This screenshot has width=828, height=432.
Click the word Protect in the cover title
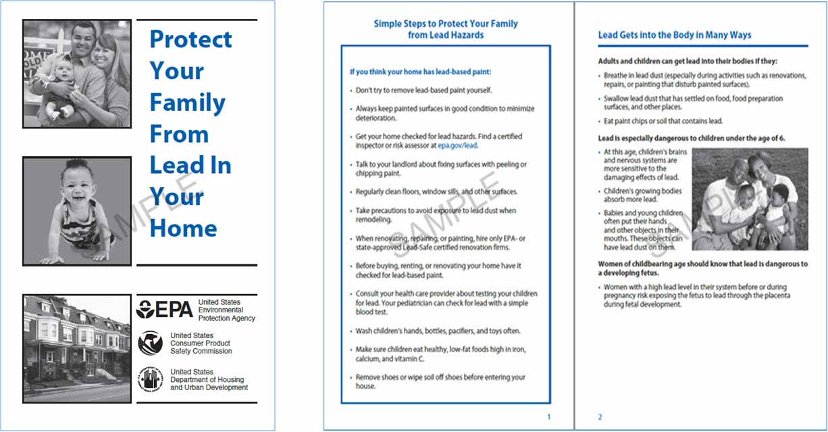point(190,39)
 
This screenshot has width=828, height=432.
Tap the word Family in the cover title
point(187,103)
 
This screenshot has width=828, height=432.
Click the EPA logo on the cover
point(165,310)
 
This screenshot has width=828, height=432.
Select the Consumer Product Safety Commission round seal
point(150,343)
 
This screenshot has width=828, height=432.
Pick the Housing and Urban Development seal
point(150,379)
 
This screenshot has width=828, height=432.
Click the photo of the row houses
point(76,348)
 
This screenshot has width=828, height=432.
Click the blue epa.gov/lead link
point(459,145)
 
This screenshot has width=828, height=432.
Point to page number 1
point(549,417)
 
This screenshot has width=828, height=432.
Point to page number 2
point(600,417)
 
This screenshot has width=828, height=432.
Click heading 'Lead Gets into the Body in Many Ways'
point(674,35)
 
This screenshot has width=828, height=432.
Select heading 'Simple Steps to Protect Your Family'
point(446,24)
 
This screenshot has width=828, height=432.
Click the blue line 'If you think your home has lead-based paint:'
point(420,72)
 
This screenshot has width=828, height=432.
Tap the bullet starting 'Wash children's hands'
point(438,331)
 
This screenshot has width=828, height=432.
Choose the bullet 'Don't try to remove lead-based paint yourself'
point(423,90)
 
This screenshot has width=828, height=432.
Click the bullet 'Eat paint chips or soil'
point(663,121)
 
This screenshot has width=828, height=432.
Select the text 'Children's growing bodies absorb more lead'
point(642,195)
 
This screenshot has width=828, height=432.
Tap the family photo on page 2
point(750,199)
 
